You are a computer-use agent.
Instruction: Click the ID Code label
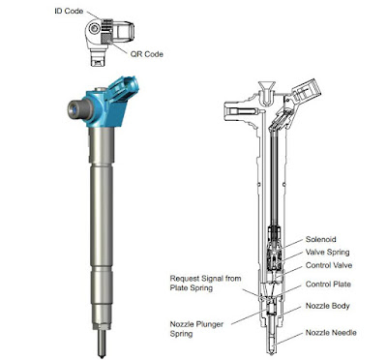point(69,11)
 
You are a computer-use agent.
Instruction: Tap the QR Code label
point(147,54)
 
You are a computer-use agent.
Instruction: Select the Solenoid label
point(321,239)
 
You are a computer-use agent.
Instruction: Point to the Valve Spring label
point(328,253)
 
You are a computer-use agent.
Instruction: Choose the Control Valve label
point(329,265)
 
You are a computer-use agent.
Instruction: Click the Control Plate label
point(328,285)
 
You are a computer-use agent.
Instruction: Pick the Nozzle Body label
point(328,306)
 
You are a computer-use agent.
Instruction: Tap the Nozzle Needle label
point(331,333)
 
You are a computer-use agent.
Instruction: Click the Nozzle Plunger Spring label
point(196,329)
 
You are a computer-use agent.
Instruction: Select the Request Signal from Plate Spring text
point(205,283)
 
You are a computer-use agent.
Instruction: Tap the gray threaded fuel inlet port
point(79,109)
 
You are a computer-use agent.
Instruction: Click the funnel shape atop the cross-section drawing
point(267,87)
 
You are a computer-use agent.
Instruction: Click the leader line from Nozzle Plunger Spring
point(249,316)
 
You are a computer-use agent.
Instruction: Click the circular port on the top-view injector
point(94,29)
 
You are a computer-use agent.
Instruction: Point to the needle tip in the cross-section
point(271,351)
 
